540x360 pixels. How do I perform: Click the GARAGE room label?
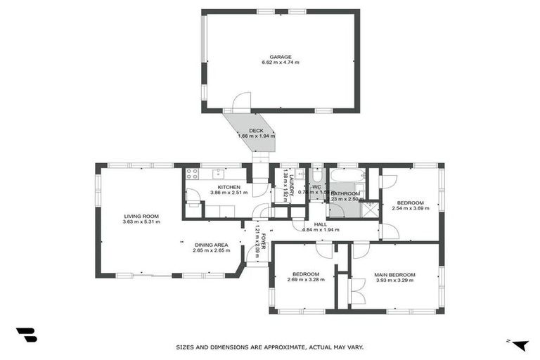point(280,57)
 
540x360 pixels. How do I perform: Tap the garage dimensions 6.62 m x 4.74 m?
point(280,63)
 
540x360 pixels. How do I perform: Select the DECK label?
point(255,130)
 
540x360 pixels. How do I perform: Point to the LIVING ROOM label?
point(141,216)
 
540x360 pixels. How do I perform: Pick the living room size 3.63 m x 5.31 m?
point(141,222)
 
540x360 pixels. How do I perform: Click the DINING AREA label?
point(211,244)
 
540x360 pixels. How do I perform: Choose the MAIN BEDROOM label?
point(394,274)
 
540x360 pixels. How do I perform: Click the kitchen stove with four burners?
point(191,176)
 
